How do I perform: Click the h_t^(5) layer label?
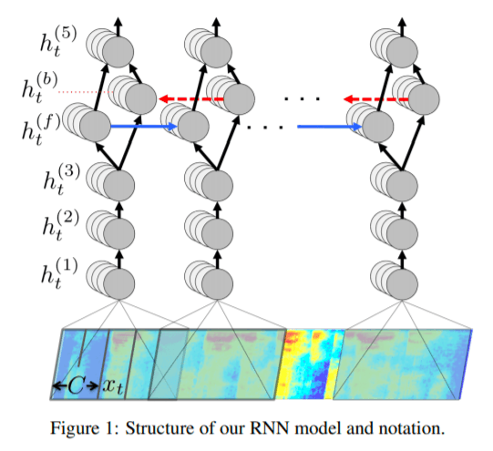tap(58, 43)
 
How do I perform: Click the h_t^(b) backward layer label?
tap(40, 88)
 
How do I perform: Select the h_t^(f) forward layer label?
tap(41, 130)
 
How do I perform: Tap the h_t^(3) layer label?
tap(62, 180)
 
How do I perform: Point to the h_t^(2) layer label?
tap(61, 226)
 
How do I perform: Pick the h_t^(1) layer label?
tap(59, 273)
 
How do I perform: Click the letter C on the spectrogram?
tap(76, 385)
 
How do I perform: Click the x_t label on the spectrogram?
tap(113, 386)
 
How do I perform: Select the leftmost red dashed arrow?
tap(191, 99)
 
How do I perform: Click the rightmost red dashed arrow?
tap(376, 99)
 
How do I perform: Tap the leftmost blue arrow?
tap(144, 127)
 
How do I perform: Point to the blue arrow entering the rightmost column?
tap(330, 127)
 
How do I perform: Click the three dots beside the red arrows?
tap(303, 99)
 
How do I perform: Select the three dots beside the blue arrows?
tap(265, 128)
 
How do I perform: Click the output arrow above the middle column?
tap(216, 27)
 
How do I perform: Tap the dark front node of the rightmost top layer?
tap(402, 52)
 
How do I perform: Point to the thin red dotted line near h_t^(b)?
tap(87, 92)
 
